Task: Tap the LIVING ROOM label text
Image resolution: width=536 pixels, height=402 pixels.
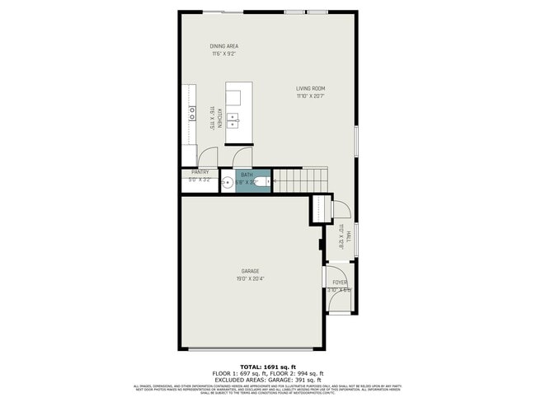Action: [311, 88]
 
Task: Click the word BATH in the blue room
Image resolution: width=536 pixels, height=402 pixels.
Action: [247, 175]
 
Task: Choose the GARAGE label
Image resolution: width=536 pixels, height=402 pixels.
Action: [251, 271]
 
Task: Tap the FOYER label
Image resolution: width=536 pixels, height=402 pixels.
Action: [339, 282]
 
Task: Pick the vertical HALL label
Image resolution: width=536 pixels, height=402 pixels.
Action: [348, 236]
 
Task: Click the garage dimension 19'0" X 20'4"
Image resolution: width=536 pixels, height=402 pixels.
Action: [251, 278]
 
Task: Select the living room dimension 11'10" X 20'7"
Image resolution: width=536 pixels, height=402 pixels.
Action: [311, 96]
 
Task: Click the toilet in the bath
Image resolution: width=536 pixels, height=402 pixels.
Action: [263, 183]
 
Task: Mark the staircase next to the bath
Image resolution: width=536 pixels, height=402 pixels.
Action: [301, 180]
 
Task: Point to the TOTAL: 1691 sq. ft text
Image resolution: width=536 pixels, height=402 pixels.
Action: [267, 366]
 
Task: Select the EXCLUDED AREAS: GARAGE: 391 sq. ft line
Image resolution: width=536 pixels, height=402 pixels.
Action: [267, 379]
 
